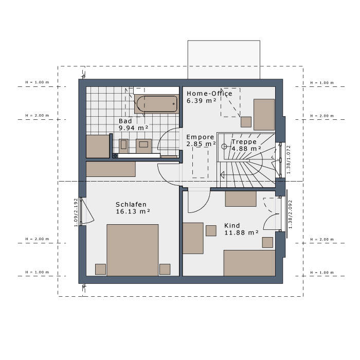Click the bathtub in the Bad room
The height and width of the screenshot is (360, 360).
click(x=157, y=104)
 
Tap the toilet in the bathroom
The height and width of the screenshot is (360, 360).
click(x=123, y=146)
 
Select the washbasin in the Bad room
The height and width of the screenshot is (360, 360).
click(x=143, y=146)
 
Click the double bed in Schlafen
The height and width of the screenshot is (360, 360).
click(x=133, y=250)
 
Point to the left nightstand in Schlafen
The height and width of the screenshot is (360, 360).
click(x=101, y=269)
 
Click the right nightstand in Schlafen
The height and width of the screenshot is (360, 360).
click(x=165, y=269)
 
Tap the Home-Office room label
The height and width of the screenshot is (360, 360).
click(x=209, y=94)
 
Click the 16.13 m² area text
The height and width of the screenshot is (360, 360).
click(x=133, y=211)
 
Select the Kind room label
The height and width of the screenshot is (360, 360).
click(x=232, y=225)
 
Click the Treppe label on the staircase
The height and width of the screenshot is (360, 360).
click(x=244, y=142)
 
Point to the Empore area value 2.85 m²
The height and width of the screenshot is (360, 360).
click(x=201, y=144)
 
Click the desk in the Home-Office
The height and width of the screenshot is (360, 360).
click(x=264, y=115)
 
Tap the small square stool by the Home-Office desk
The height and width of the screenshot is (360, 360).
click(x=246, y=122)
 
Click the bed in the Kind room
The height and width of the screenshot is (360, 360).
click(x=249, y=263)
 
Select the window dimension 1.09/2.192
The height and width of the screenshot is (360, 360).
click(x=76, y=212)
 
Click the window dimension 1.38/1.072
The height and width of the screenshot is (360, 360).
click(x=289, y=159)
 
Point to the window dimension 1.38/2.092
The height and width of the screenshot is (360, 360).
click(x=290, y=214)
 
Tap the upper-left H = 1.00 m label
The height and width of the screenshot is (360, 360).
click(x=37, y=82)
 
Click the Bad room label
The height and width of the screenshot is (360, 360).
click(x=125, y=121)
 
